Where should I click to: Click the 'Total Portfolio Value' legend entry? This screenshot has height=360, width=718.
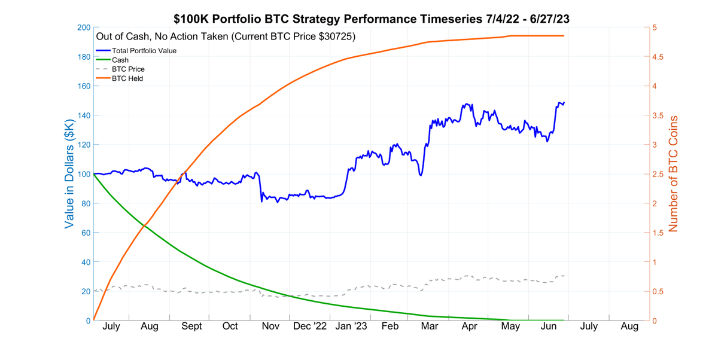[144, 51]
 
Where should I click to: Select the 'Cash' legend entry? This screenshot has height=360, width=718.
[120, 60]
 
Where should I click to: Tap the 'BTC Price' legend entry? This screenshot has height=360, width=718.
[128, 69]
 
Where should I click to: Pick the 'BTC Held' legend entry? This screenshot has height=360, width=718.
[127, 78]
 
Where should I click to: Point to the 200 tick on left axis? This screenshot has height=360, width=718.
[83, 28]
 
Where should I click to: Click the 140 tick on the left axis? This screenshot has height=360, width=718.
[83, 115]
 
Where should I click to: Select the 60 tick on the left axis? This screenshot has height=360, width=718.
[85, 233]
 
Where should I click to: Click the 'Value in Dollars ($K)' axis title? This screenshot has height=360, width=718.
[69, 174]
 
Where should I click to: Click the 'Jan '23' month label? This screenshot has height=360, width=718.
[351, 327]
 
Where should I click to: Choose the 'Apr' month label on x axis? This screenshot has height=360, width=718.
[470, 327]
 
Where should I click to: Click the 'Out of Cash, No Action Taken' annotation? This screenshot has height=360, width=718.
[226, 37]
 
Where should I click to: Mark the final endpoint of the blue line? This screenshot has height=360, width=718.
[564, 102]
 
